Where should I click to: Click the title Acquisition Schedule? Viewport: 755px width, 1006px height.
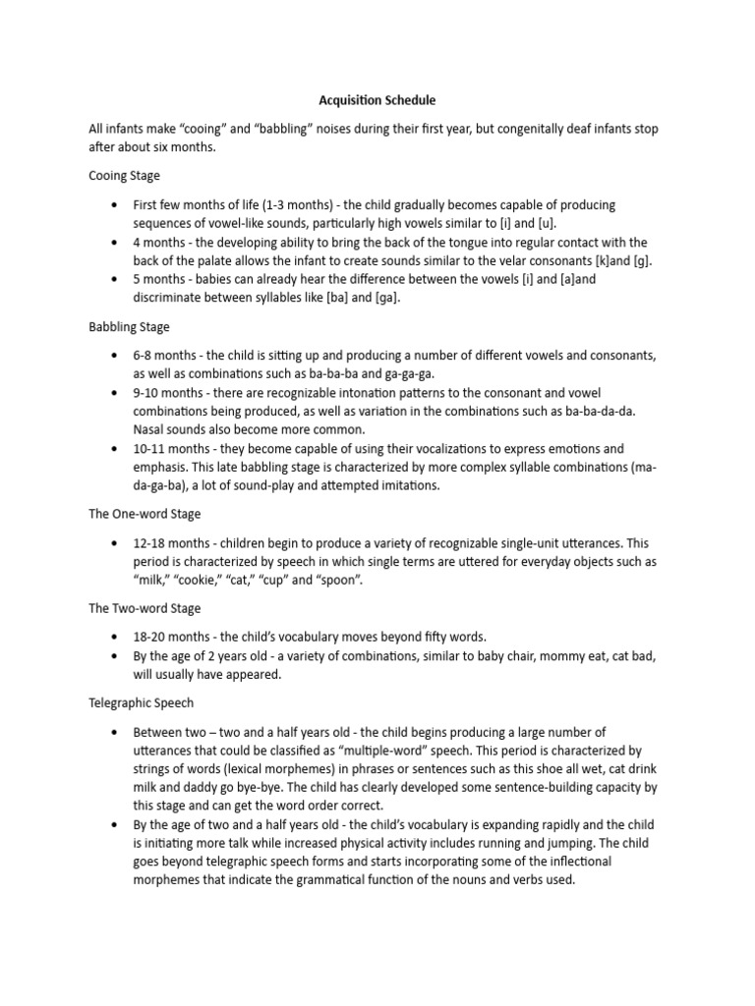[377, 100]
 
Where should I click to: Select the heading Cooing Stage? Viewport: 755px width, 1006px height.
[125, 176]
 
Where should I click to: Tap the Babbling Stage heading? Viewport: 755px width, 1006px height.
[130, 326]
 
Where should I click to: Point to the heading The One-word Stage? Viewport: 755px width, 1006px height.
[145, 514]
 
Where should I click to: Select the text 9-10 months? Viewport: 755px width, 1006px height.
[168, 393]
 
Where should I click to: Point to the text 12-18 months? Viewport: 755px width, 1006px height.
[173, 543]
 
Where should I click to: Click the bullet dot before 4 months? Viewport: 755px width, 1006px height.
[115, 242]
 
